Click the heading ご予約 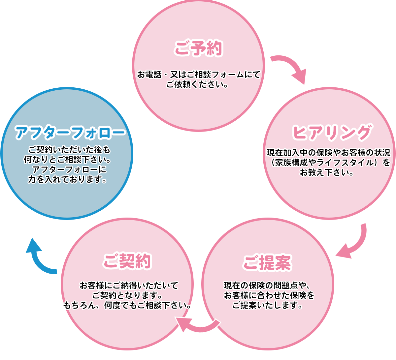pyautogui.click(x=198, y=48)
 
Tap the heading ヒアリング pyautogui.click(x=332, y=133)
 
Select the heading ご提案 pyautogui.click(x=267, y=263)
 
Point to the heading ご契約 pyautogui.click(x=127, y=261)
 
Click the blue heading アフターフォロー pyautogui.click(x=70, y=133)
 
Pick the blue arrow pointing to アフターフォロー pyautogui.click(x=39, y=257)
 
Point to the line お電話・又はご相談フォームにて pyautogui.click(x=199, y=75)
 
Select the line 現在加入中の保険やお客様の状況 pyautogui.click(x=329, y=153)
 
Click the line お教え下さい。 pyautogui.click(x=327, y=172)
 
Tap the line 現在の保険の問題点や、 pyautogui.click(x=267, y=285)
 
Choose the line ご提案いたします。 pyautogui.click(x=267, y=305)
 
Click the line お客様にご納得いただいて pyautogui.click(x=129, y=285)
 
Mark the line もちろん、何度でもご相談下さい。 pyautogui.click(x=127, y=305)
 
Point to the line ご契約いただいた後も pyautogui.click(x=69, y=150)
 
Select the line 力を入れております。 pyautogui.click(x=67, y=180)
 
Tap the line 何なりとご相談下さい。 pyautogui.click(x=67, y=160)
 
